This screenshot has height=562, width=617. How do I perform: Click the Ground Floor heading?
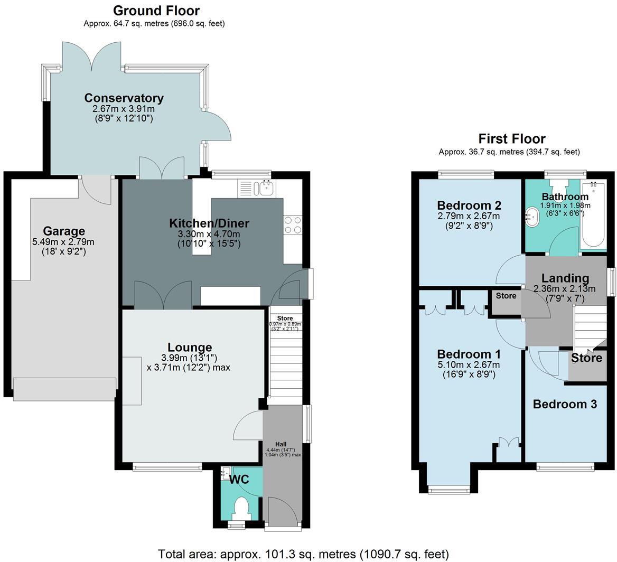pyautogui.click(x=156, y=11)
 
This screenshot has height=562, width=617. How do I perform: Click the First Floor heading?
pyautogui.click(x=511, y=139)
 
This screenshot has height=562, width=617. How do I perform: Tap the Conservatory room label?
pyautogui.click(x=124, y=98)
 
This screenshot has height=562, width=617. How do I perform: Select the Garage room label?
pyautogui.click(x=64, y=231)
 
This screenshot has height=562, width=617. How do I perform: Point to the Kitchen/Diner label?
pyautogui.click(x=209, y=223)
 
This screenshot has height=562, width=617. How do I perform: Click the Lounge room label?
pyautogui.click(x=190, y=348)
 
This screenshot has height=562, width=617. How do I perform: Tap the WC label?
pyautogui.click(x=239, y=480)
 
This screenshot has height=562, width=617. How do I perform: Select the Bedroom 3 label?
pyautogui.click(x=565, y=405)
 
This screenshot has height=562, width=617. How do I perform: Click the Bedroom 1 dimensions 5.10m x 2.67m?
pyautogui.click(x=468, y=365)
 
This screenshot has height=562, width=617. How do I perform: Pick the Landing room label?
pyautogui.click(x=565, y=278)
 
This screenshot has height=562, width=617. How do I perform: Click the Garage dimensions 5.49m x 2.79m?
pyautogui.click(x=63, y=242)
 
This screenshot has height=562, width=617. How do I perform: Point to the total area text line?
pyautogui.click(x=303, y=554)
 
